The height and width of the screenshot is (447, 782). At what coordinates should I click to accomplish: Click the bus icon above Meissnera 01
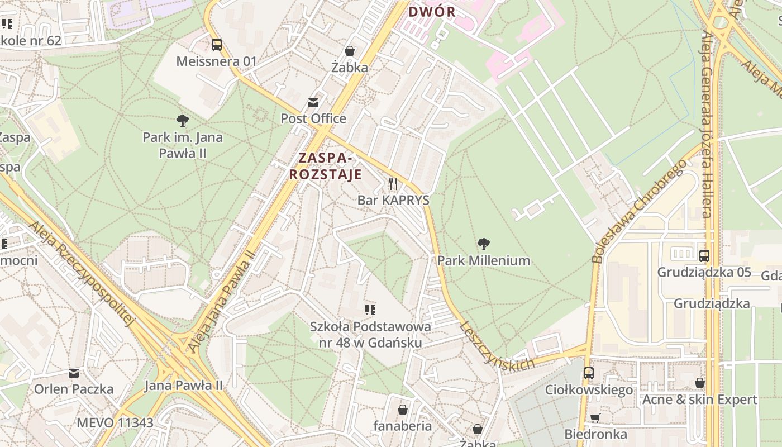(216, 45)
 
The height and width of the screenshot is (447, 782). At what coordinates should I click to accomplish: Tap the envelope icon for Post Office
(313, 103)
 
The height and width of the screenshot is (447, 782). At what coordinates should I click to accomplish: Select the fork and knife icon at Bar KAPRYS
(393, 184)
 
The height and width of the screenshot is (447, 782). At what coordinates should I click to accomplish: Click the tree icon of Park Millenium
(484, 244)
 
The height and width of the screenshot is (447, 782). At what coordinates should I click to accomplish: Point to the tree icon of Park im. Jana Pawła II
(182, 121)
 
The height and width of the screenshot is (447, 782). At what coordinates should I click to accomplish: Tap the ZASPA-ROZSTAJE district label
(325, 166)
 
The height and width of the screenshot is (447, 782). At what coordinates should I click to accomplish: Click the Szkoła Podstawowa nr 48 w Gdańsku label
(370, 335)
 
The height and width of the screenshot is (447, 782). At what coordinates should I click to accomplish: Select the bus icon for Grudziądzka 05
(704, 256)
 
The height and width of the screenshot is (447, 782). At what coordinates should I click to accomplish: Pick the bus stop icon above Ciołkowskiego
(589, 373)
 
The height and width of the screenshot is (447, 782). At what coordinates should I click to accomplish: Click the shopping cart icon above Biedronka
(595, 418)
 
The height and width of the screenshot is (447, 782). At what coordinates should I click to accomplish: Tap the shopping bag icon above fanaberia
(402, 410)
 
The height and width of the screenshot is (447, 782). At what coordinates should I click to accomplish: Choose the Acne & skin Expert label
(699, 400)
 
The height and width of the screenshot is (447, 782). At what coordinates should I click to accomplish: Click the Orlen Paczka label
(74, 389)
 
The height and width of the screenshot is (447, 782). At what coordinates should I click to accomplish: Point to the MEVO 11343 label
(115, 422)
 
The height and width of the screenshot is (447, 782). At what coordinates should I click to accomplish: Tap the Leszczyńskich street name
(497, 347)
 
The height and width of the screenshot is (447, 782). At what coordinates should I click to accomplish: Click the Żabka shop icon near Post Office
(350, 51)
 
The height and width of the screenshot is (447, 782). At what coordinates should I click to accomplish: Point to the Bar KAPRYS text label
(393, 200)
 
